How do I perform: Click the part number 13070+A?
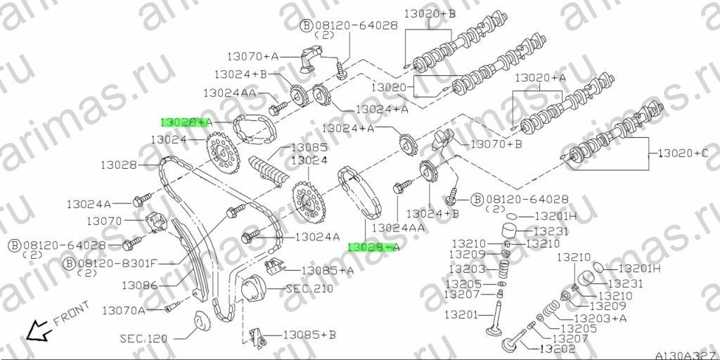pyautogui.click(x=253, y=56)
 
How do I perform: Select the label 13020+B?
pyautogui.click(x=430, y=14)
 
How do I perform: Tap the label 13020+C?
pyautogui.click(x=684, y=153)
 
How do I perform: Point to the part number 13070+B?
pyautogui.click(x=497, y=145)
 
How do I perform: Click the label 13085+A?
pyautogui.click(x=328, y=271)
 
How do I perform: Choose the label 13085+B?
pyautogui.click(x=309, y=335)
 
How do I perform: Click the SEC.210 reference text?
pyautogui.click(x=309, y=289)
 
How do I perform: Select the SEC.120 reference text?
pyautogui.click(x=143, y=339)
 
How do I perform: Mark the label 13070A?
pyautogui.click(x=124, y=311)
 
